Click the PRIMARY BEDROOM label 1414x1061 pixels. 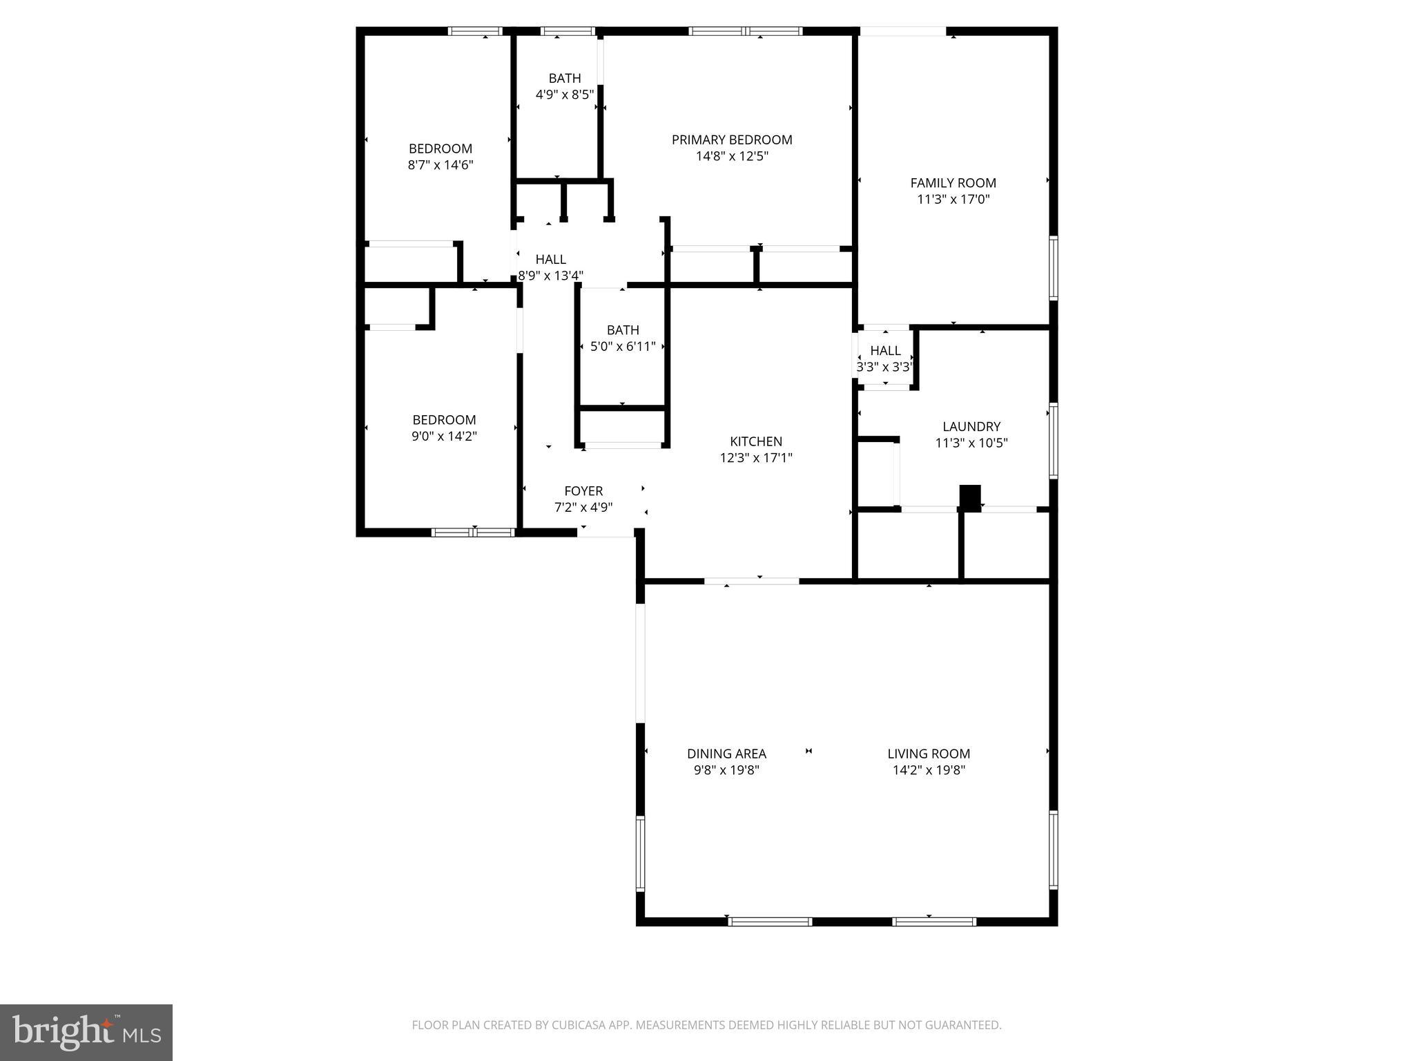732,140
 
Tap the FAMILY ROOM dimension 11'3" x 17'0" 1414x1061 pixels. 953,200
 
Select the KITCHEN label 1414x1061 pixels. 756,441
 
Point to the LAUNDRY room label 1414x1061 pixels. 971,427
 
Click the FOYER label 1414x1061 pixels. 583,491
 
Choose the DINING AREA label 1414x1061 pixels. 726,754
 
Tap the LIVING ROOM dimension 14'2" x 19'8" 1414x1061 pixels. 929,770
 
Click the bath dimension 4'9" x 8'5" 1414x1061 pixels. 565,95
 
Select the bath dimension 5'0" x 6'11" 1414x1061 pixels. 623,347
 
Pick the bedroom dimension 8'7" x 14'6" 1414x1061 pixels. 440,165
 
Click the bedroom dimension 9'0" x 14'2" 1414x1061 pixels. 444,437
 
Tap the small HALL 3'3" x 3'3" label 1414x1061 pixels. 885,351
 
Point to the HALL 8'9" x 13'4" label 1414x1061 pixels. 551,260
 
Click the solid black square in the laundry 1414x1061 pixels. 970,497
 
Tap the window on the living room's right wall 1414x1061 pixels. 1053,849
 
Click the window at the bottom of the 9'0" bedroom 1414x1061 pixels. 474,532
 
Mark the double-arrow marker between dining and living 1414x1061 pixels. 808,751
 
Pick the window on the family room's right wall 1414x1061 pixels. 1053,268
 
